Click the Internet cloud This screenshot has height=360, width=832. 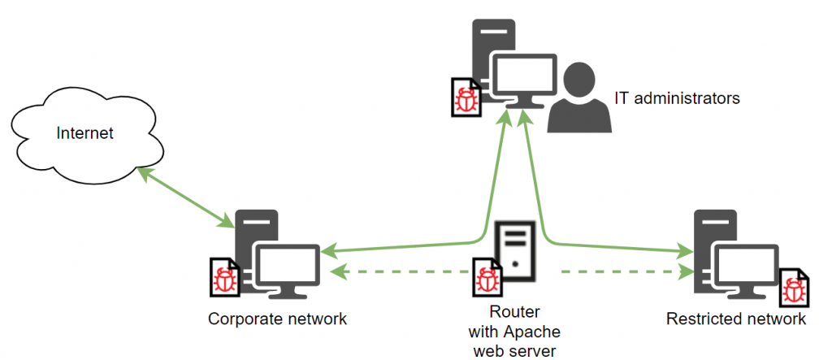84,132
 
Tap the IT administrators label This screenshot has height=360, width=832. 677,98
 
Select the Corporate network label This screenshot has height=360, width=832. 278,319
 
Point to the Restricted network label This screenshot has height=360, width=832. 736,319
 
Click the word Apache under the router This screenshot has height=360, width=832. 513,332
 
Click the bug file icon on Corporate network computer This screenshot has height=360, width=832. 223,277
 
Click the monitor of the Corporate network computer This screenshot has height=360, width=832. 288,265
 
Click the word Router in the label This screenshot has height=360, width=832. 514,312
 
